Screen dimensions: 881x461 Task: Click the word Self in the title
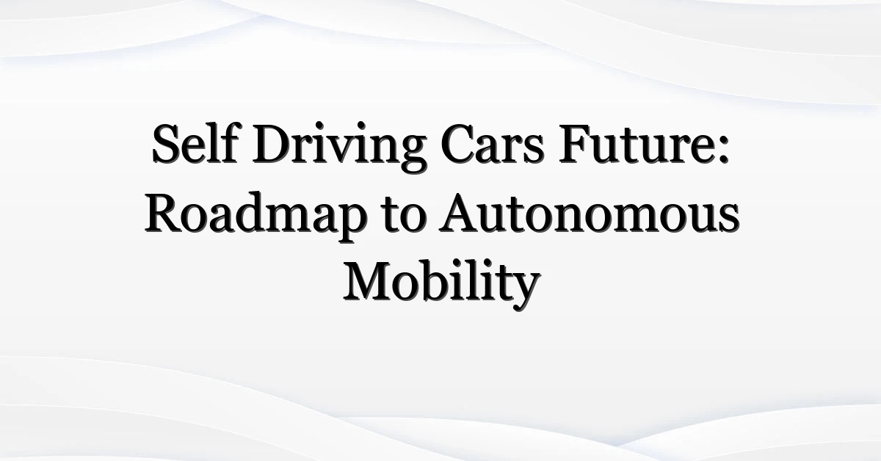pyautogui.click(x=195, y=143)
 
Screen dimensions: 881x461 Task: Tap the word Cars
pyautogui.click(x=493, y=144)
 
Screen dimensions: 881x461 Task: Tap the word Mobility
pyautogui.click(x=442, y=283)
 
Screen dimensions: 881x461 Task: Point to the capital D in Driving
pyautogui.click(x=273, y=144)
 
